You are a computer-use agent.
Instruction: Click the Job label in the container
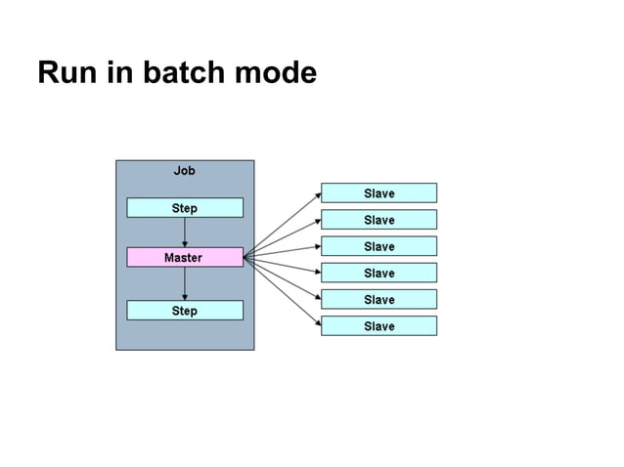tap(184, 171)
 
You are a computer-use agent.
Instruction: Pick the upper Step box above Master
tap(185, 208)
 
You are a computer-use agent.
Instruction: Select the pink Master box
tap(185, 258)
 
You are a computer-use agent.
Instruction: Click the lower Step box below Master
tap(185, 311)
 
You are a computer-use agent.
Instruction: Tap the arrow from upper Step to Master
tap(185, 233)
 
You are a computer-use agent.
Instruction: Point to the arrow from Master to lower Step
tap(185, 284)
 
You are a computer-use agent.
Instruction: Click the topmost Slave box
tap(379, 193)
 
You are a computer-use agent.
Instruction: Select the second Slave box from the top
tap(379, 220)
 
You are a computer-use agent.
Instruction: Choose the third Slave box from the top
tap(379, 246)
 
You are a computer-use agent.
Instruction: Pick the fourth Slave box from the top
tap(379, 273)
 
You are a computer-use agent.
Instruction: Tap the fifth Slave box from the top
tap(379, 299)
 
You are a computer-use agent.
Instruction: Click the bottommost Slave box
tap(379, 325)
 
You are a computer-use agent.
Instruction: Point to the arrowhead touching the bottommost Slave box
tap(317, 323)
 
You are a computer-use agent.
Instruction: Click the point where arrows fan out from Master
tap(245, 258)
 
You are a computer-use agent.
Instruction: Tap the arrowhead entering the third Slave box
tap(317, 247)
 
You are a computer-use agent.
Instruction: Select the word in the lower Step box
tap(185, 311)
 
